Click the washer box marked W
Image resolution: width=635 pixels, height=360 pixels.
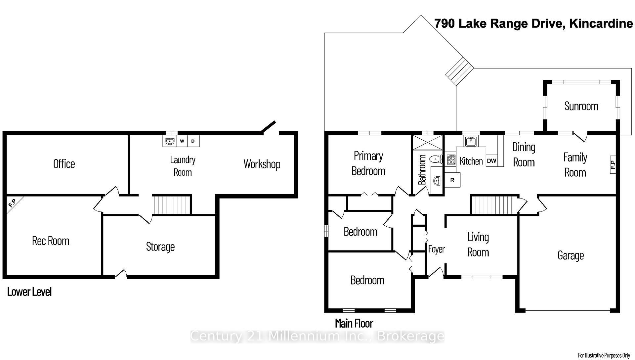(182, 141)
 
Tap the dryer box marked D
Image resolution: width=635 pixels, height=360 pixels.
(193, 141)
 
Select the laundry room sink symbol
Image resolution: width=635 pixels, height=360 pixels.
(170, 141)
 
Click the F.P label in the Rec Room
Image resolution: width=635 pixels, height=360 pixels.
(12, 203)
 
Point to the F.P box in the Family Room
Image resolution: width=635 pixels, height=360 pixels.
(613, 164)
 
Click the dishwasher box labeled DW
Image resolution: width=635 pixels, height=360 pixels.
(491, 161)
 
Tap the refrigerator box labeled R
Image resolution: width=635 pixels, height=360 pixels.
(452, 180)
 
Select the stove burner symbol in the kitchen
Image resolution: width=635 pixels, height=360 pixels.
(451, 160)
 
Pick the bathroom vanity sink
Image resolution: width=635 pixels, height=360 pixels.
(437, 181)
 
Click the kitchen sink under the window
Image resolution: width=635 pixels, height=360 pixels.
(471, 141)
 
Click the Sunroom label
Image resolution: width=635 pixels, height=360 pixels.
(581, 106)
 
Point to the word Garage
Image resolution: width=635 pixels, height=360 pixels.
(571, 255)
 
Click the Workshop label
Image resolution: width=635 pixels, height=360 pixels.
(262, 164)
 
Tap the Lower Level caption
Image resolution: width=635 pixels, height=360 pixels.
(29, 292)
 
